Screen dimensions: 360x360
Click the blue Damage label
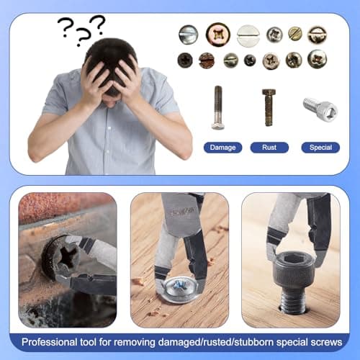[x=222, y=148]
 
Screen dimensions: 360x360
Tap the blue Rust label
[x=269, y=148]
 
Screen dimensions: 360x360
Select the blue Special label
[x=320, y=148]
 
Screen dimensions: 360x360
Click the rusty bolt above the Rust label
[x=269, y=107]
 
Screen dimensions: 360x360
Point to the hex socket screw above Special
[x=320, y=109]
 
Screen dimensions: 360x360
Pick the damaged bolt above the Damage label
[x=218, y=108]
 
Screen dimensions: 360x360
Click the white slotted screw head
[x=248, y=36]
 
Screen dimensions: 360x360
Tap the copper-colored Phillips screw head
[x=218, y=35]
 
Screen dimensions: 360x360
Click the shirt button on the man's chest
[x=109, y=128]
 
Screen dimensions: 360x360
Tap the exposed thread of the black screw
[x=293, y=302]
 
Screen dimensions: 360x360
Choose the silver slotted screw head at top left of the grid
[x=189, y=35]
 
